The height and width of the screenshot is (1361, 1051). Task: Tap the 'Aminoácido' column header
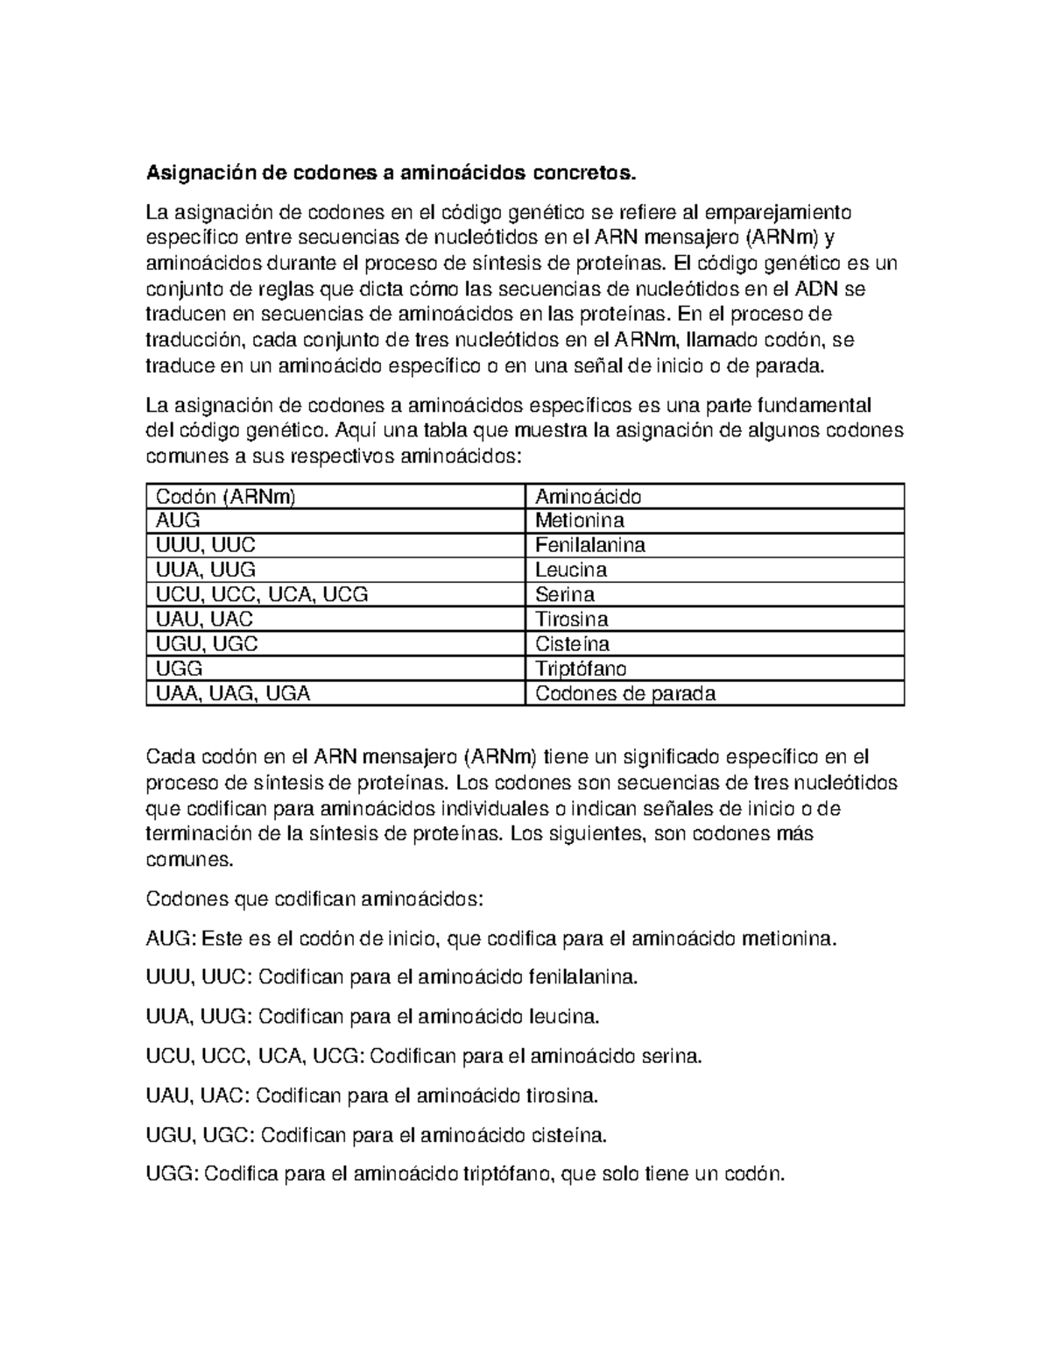click(x=588, y=497)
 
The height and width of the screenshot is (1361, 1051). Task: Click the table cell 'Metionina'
click(x=580, y=521)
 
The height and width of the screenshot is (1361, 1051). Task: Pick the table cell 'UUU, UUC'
click(x=205, y=546)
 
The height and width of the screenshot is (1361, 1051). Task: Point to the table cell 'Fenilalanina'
click(x=589, y=546)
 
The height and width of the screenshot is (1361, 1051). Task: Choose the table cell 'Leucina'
click(x=571, y=571)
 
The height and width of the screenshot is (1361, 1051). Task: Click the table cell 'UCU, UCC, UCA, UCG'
click(x=261, y=595)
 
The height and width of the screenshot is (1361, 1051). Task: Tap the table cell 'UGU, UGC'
click(x=206, y=644)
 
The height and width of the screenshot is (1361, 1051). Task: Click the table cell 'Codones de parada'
click(x=625, y=694)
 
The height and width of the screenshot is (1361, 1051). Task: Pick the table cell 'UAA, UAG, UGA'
click(x=232, y=694)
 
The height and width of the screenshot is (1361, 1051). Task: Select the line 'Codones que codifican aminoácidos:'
click(x=314, y=900)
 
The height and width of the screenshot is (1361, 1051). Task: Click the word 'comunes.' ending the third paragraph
click(x=189, y=860)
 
